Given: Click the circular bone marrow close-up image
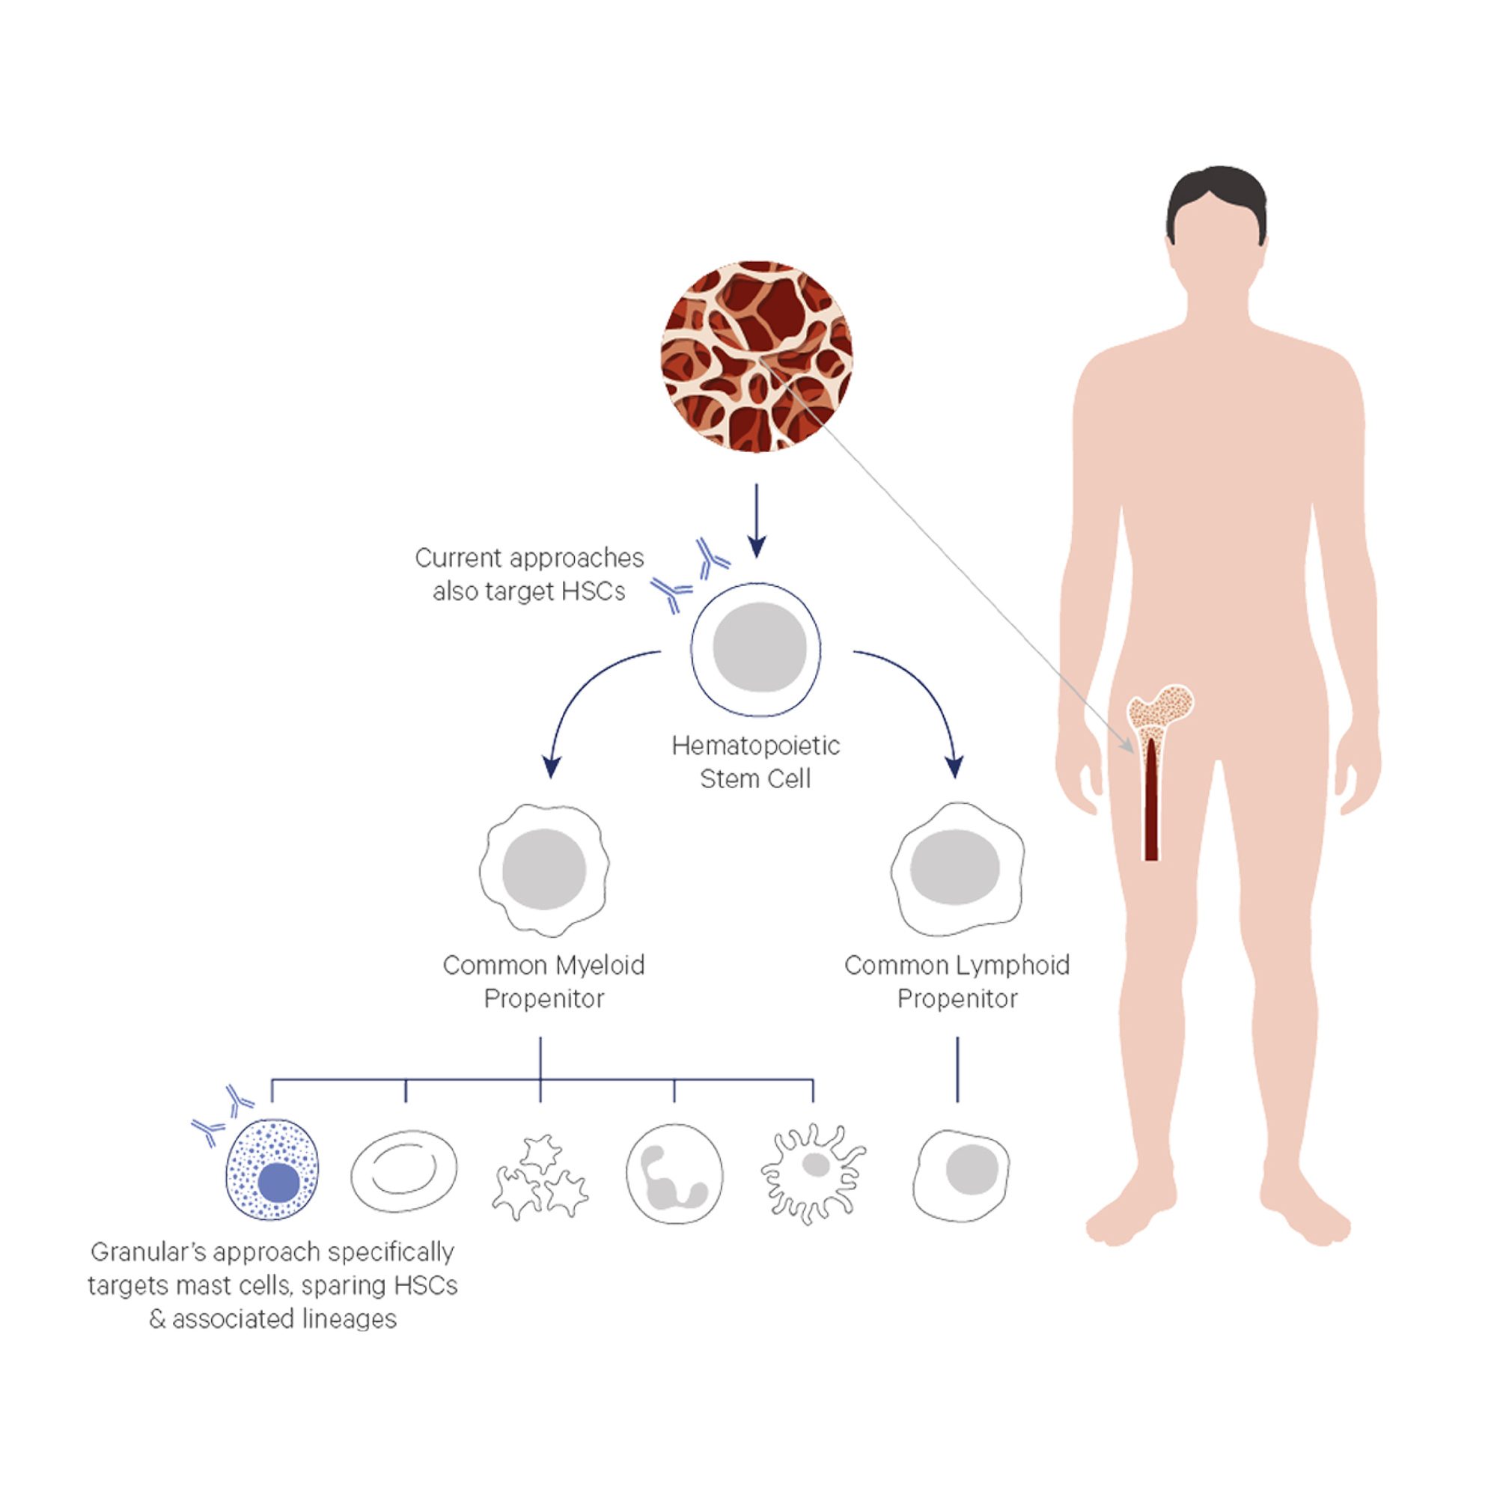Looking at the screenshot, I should coord(756,357).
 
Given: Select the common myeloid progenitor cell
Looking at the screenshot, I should coord(544,868).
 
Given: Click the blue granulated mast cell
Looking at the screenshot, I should coord(272,1170).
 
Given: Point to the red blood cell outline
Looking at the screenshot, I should coord(404,1171).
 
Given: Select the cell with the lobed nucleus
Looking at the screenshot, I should coord(674,1174).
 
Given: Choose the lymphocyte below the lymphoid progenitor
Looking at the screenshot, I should coord(961,1174).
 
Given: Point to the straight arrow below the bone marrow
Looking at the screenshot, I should coord(756,519).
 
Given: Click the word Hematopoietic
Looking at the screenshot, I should coord(755,746).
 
